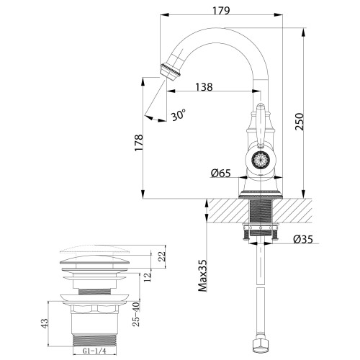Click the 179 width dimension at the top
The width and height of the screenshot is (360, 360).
(x=221, y=11)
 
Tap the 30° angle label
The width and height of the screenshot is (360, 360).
(x=178, y=114)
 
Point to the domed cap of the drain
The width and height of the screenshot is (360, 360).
(x=96, y=256)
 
